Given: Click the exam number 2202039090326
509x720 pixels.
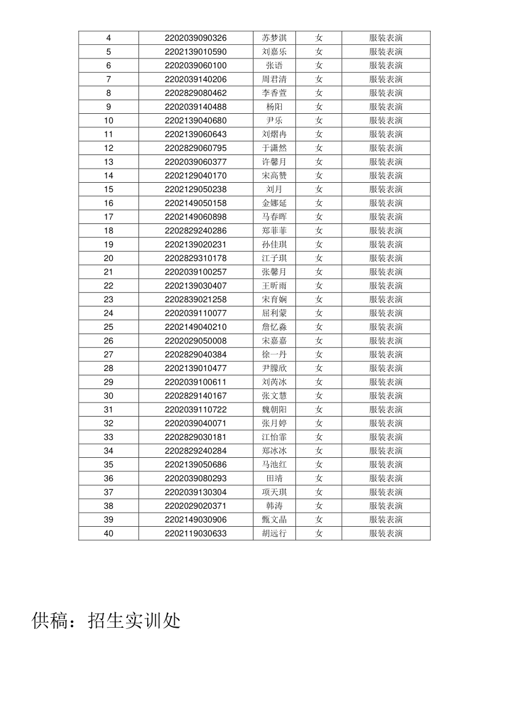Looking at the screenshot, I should [195, 38].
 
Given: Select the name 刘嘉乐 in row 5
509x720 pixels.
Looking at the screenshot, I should [274, 52].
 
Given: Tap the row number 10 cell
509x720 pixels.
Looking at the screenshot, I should [108, 121].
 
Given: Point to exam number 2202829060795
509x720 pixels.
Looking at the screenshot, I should [195, 148].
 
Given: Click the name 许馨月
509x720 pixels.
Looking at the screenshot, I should [274, 162].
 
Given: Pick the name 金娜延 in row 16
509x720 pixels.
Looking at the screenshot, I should [274, 203].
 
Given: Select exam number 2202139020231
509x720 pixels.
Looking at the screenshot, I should [195, 244].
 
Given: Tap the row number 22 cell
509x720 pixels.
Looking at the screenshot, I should [108, 286].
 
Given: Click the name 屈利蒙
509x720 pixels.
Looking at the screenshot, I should [274, 313].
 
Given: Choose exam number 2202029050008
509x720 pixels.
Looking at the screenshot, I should [195, 341].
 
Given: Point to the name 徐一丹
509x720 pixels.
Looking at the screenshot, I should [274, 354].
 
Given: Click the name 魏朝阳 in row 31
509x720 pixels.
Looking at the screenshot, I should [274, 410].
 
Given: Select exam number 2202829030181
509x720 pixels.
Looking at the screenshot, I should [195, 437].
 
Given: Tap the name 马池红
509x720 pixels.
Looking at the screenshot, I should [274, 465].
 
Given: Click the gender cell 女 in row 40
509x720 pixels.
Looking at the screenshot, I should [319, 534].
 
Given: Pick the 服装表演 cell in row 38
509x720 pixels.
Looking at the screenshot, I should [386, 506].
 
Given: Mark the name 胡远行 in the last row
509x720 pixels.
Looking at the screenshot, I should [274, 534].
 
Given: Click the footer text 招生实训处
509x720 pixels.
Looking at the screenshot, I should [134, 621].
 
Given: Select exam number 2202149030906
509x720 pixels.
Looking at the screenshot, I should [195, 520].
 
